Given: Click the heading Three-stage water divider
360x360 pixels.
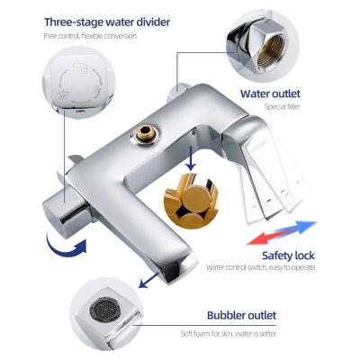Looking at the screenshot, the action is pyautogui.click(x=107, y=22).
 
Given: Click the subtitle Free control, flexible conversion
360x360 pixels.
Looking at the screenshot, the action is pyautogui.click(x=90, y=36).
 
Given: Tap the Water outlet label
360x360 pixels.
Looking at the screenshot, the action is pyautogui.click(x=270, y=94).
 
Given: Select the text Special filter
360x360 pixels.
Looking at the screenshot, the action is pyautogui.click(x=282, y=106).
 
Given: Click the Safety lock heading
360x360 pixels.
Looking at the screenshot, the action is pyautogui.click(x=288, y=256).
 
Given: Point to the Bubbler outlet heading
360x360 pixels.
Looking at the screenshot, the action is pyautogui.click(x=241, y=315).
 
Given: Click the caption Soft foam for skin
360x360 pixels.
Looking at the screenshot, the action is pyautogui.click(x=206, y=334).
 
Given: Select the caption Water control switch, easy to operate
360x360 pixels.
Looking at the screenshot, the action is pyautogui.click(x=260, y=267).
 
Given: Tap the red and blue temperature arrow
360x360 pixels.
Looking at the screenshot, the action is pyautogui.click(x=281, y=233).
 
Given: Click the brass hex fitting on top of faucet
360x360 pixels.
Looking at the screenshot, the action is pyautogui.click(x=146, y=134).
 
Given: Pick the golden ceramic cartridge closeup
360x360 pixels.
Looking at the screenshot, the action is pyautogui.click(x=191, y=201).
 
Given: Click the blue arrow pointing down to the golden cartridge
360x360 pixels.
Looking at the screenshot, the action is pyautogui.click(x=190, y=158).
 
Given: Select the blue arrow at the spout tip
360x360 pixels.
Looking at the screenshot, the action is pyautogui.click(x=149, y=280).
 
